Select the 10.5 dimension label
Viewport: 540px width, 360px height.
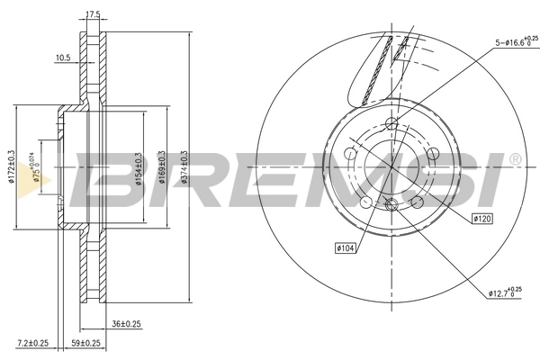coord(63,58)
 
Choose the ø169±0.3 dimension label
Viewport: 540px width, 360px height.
coord(162,166)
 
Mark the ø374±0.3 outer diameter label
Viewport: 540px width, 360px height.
coord(186,166)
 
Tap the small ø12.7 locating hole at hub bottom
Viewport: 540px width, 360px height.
coord(390,206)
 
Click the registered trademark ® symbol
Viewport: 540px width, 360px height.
coord(514,159)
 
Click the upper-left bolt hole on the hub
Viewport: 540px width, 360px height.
coord(350,153)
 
